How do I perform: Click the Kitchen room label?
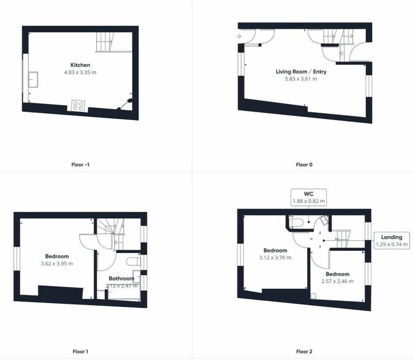click(80, 65)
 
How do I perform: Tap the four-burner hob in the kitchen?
click(78, 106)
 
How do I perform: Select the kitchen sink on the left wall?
click(34, 79)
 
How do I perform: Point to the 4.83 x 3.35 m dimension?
click(80, 72)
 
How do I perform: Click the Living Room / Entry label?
click(301, 72)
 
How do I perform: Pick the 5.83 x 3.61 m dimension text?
click(301, 78)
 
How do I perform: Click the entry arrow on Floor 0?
click(238, 36)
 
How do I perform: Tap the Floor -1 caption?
click(80, 165)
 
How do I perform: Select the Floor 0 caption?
click(304, 165)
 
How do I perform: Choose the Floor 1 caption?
click(80, 351)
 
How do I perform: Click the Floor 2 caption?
click(304, 351)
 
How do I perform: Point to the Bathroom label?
click(122, 279)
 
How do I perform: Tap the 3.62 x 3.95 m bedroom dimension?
click(57, 263)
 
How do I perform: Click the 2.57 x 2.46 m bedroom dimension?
click(337, 282)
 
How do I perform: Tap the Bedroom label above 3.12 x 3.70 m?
click(275, 250)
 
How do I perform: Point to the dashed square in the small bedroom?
click(313, 296)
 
